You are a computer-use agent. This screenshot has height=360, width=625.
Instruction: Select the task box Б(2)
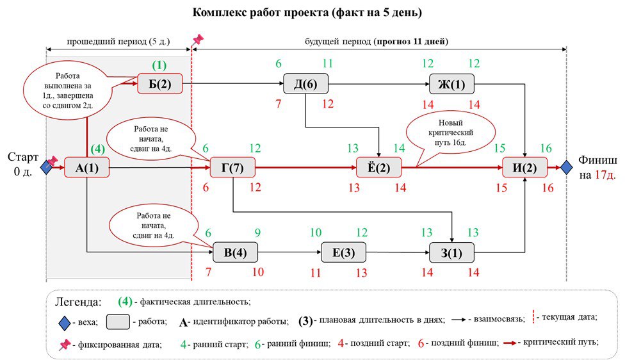click(x=159, y=83)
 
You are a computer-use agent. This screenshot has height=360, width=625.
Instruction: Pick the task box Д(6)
click(x=305, y=83)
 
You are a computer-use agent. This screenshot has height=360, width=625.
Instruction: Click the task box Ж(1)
click(x=451, y=83)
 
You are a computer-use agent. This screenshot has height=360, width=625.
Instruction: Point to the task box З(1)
click(x=451, y=252)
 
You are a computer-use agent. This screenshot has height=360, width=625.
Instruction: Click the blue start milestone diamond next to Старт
click(x=46, y=168)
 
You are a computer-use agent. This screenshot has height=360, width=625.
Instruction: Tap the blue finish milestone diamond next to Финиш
click(x=566, y=168)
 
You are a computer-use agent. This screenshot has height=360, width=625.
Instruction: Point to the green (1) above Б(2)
click(x=159, y=65)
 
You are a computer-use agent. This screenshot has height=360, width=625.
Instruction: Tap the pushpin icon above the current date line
click(x=197, y=40)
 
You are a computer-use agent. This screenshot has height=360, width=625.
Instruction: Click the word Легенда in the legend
click(x=77, y=301)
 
